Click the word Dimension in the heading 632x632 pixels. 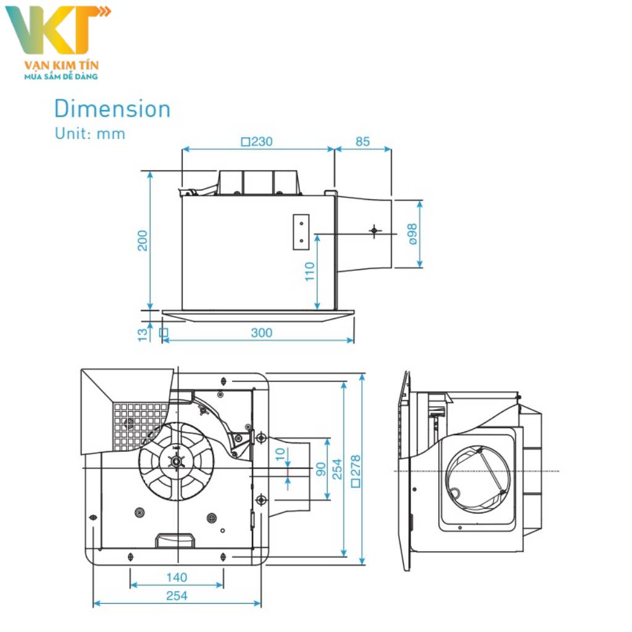[112, 109]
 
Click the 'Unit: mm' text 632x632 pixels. [89, 133]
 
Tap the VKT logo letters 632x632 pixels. [56, 31]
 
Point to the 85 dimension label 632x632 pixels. [362, 141]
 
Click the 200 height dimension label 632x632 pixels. [143, 240]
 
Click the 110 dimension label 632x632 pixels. [310, 272]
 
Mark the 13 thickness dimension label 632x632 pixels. [143, 334]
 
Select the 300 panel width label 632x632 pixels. [261, 333]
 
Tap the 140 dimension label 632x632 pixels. [177, 578]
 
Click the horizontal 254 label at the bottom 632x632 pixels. [177, 596]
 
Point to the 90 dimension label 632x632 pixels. [320, 469]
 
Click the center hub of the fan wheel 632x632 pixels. [177, 460]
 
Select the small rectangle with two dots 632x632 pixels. [301, 232]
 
